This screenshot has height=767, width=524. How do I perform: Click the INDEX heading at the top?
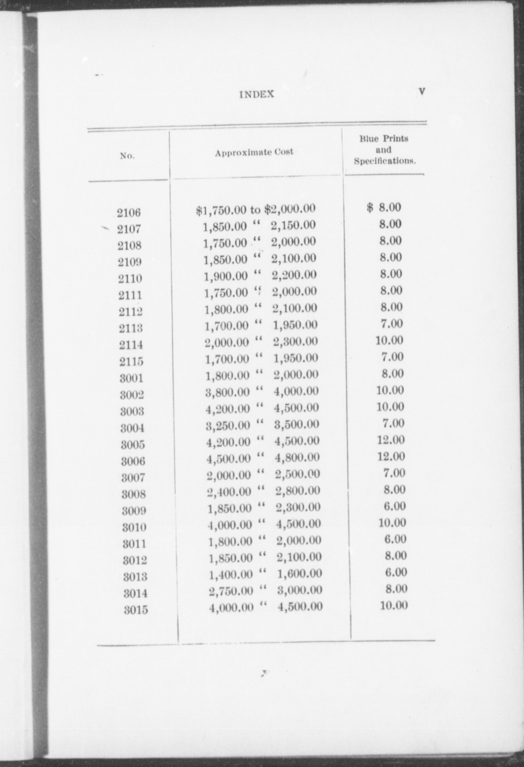click(x=257, y=94)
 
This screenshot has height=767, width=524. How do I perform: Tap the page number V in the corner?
click(x=422, y=91)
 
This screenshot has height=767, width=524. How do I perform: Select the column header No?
click(x=127, y=156)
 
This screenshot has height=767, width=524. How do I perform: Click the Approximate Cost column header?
click(x=254, y=152)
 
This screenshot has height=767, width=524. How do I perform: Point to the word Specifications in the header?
click(x=385, y=161)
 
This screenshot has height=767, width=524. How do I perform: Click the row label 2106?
click(x=129, y=212)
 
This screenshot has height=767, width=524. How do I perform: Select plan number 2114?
click(x=131, y=345)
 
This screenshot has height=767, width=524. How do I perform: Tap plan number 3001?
click(x=132, y=378)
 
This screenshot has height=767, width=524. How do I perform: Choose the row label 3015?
click(x=136, y=610)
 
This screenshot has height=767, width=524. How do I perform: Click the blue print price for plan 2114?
click(x=389, y=340)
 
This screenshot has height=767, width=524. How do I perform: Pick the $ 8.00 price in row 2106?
click(x=384, y=207)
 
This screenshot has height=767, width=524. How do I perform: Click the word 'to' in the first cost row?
click(x=256, y=209)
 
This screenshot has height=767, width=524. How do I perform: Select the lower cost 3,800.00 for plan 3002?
click(x=228, y=392)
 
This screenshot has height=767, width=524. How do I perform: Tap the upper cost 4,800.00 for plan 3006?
click(x=297, y=457)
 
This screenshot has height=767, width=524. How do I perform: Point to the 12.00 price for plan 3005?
click(x=391, y=440)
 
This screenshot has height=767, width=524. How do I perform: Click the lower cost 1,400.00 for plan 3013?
click(x=231, y=574)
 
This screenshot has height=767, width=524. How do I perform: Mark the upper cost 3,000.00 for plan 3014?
click(x=300, y=590)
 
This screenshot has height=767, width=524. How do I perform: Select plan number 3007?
click(x=133, y=477)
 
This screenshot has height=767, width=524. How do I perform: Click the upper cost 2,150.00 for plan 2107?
click(x=293, y=225)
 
